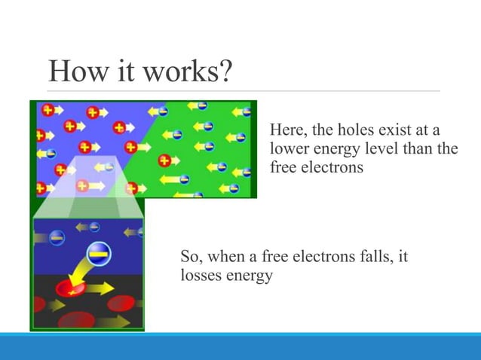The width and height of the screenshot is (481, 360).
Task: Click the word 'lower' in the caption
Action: [x=287, y=148]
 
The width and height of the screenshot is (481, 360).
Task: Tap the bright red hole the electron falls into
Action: [x=69, y=289]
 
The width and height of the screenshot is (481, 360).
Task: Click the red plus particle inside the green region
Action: [x=164, y=160]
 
